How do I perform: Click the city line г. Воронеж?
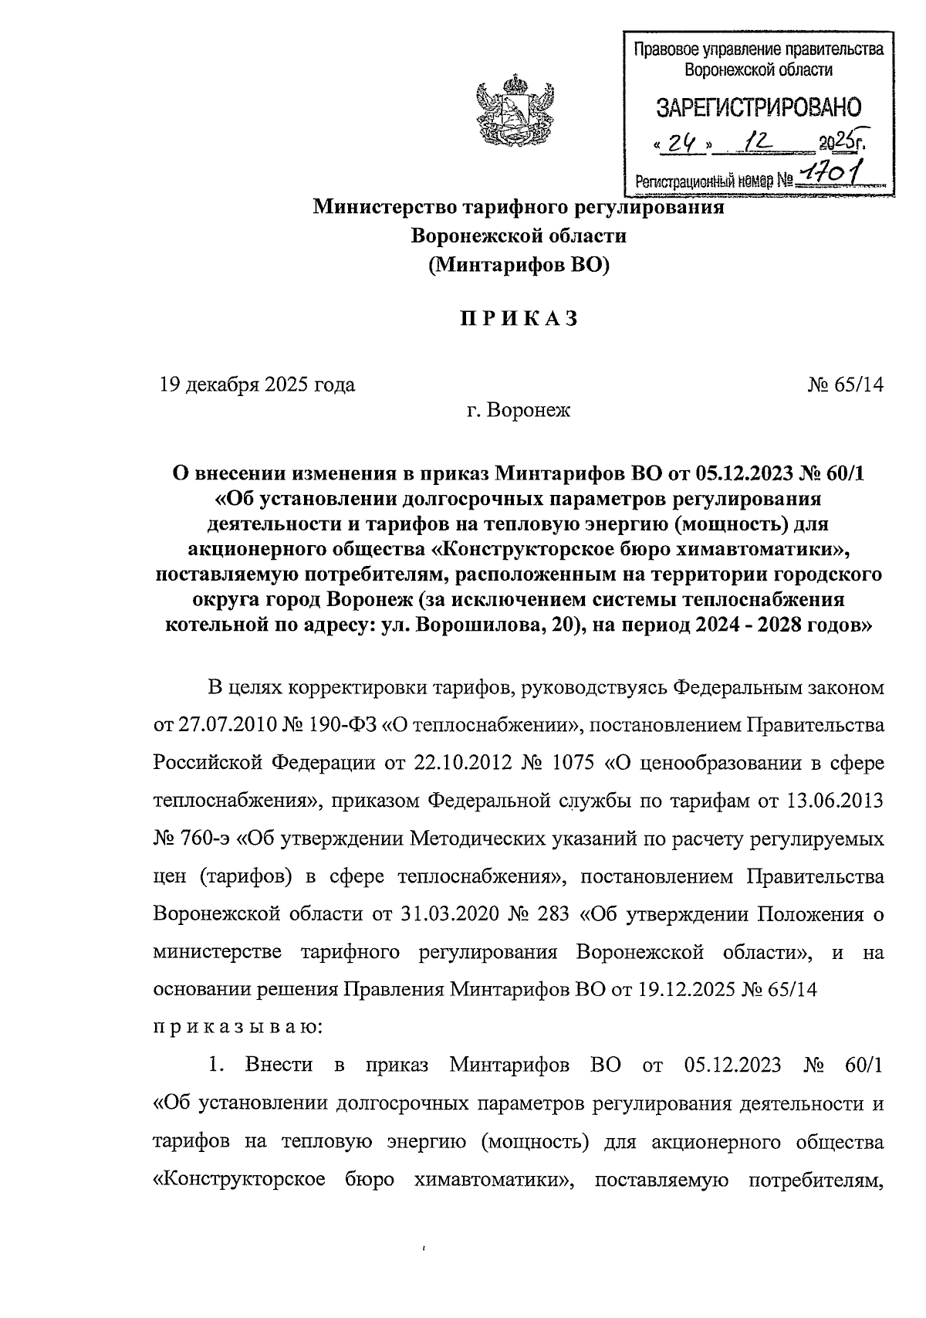518,411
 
